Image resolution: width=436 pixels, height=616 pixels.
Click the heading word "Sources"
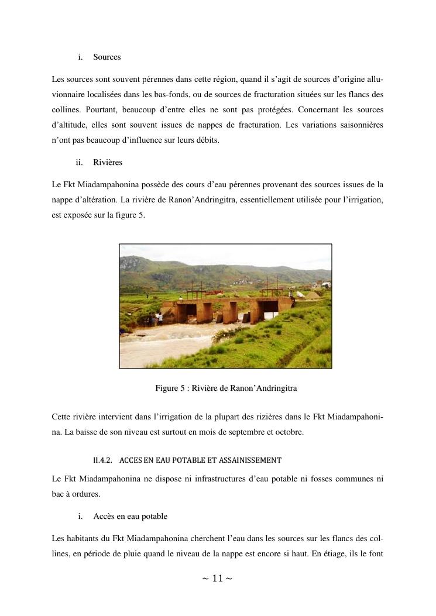coord(107,57)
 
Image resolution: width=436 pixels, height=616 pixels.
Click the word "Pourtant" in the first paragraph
coord(104,109)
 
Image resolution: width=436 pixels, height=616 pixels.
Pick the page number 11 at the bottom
coord(217,579)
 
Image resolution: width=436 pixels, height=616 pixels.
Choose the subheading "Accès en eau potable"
coord(130,517)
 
